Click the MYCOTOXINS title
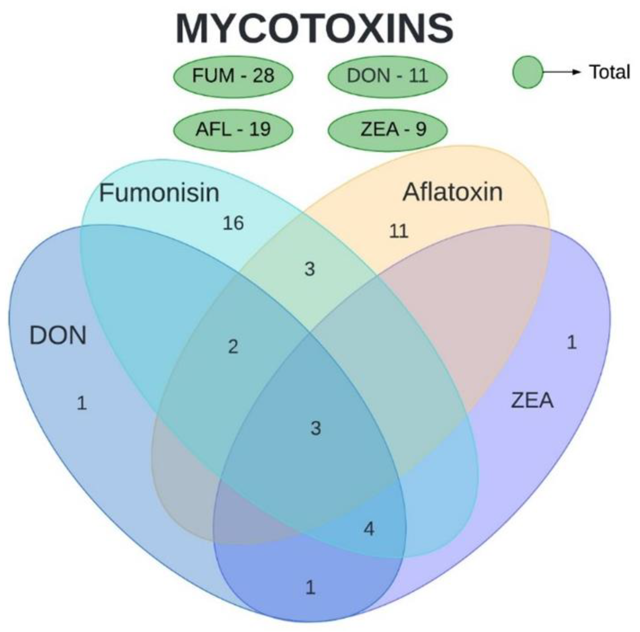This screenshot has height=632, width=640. pos(314,29)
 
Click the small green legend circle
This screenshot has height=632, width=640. pos(528,72)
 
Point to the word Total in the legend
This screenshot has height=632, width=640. pos(609,72)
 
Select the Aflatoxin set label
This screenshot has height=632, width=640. pos(452,192)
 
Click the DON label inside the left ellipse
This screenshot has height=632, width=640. pos(58,336)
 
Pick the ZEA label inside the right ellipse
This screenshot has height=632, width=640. pos(532,400)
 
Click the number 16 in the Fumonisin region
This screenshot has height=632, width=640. pos(233,223)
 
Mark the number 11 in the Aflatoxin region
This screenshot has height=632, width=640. pos(398,231)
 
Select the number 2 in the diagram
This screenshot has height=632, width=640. pos(233,347)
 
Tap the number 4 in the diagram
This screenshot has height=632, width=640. pos(369,528)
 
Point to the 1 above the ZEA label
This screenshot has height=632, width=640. pos(572,342)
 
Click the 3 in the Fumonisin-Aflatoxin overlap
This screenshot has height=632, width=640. pos(310,269)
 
